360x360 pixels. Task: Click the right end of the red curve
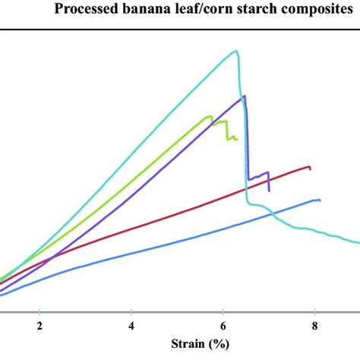tap(310, 166)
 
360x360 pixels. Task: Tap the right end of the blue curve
tap(320, 200)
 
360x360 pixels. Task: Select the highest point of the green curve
tap(210, 115)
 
